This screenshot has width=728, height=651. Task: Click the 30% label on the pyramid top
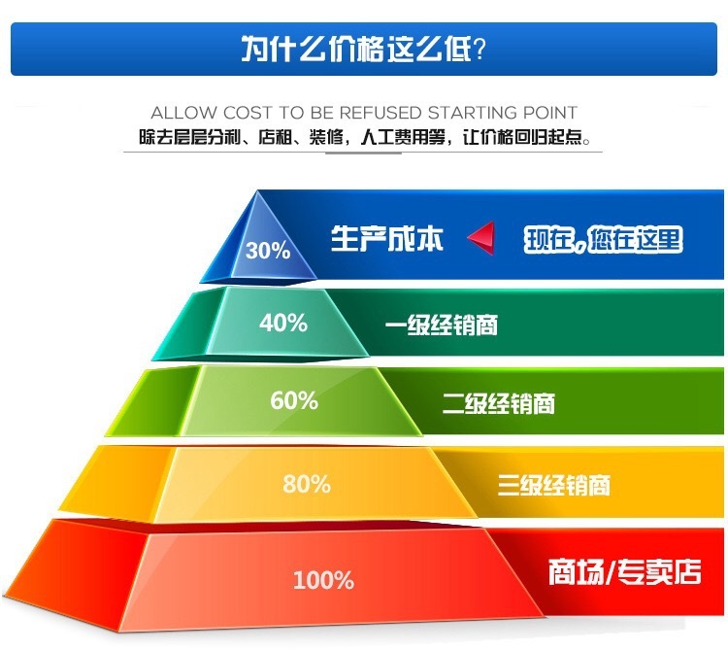(x=268, y=251)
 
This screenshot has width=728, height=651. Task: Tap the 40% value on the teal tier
(x=282, y=322)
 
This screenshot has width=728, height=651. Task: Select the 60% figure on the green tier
(x=294, y=399)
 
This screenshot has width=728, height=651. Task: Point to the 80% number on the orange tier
(x=307, y=483)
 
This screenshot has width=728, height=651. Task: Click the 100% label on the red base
(x=323, y=581)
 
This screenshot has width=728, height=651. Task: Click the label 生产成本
(x=387, y=239)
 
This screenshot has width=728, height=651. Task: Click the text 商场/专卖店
(x=624, y=570)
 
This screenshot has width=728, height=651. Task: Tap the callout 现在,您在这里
(x=604, y=239)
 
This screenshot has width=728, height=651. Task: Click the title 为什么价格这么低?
(x=363, y=49)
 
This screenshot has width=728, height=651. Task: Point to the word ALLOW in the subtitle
(x=182, y=113)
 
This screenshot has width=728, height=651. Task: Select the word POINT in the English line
(x=548, y=113)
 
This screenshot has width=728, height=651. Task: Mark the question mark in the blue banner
(x=479, y=49)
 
